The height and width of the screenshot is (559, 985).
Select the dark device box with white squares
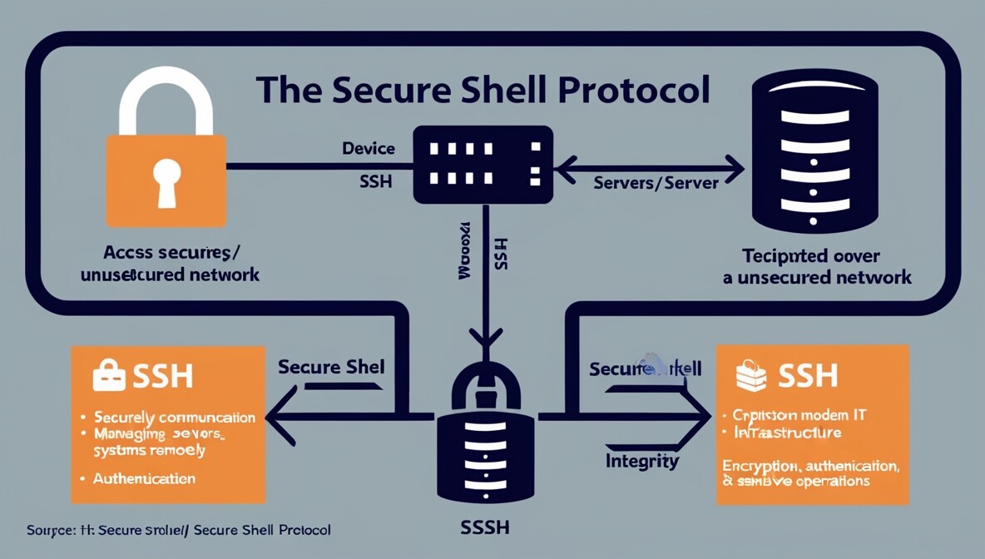(483, 164)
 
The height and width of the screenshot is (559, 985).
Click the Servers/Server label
(656, 182)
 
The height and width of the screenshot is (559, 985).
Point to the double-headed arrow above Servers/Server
(649, 169)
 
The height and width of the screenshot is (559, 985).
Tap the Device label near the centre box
(369, 149)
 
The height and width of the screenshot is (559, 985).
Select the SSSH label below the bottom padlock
(485, 527)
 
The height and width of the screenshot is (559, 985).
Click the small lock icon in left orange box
(109, 375)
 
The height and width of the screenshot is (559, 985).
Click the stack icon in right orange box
(751, 375)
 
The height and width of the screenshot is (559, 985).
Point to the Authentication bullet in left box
(144, 478)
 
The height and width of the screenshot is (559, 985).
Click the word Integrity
(642, 461)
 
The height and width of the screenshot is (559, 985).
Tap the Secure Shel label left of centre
(331, 367)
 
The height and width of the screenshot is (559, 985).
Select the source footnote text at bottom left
(178, 530)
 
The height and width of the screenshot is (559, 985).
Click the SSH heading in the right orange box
(807, 376)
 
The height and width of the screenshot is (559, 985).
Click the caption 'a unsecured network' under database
(817, 277)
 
